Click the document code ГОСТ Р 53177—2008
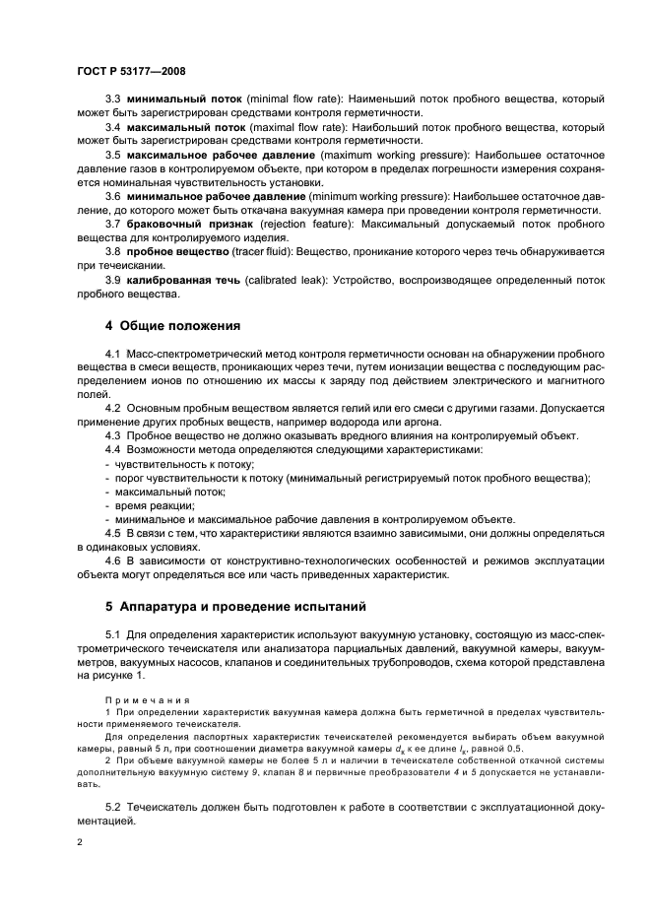tap(131, 72)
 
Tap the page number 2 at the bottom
tap(80, 843)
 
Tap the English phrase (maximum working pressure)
tap(390, 156)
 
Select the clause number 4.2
tap(112, 407)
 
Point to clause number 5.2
tap(112, 807)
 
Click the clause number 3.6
tap(112, 197)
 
